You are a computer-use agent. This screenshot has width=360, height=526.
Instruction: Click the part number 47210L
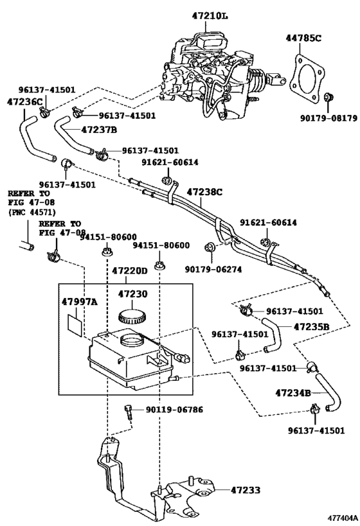[x=210, y=16]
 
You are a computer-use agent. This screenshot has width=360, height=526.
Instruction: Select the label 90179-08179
[x=328, y=118]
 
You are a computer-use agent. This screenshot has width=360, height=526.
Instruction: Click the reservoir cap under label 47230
[x=132, y=317]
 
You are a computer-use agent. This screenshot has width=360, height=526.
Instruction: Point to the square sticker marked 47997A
[x=75, y=324]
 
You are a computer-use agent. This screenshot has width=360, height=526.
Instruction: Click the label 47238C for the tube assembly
[x=204, y=192]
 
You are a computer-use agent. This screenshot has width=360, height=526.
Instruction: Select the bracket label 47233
[x=246, y=490]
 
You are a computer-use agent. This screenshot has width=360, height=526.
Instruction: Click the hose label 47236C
[x=25, y=101]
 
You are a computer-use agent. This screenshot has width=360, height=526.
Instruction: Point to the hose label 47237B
[x=99, y=130]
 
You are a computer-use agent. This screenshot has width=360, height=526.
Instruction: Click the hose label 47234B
[x=293, y=392]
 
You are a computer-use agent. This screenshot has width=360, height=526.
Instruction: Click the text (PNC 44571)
[x=32, y=212]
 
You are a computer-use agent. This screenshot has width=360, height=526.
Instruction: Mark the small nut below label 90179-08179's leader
[x=328, y=98]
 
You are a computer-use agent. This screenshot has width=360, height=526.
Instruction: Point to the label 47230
[x=132, y=294]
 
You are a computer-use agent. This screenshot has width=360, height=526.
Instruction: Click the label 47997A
[x=79, y=302]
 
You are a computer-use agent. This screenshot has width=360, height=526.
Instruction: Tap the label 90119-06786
[x=174, y=410]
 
